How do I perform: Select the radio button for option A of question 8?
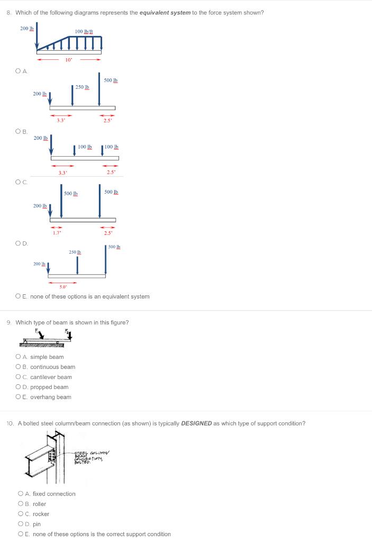point(19,70)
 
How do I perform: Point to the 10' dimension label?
point(69,60)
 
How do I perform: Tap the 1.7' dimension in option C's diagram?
point(57,232)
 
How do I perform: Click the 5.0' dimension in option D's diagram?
point(62,287)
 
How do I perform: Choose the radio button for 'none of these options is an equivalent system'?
point(19,296)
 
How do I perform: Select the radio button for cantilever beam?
point(19,377)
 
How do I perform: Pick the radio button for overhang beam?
point(19,397)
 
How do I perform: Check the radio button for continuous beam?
point(19,367)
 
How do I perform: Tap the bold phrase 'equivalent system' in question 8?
point(161,13)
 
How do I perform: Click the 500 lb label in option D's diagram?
point(115,247)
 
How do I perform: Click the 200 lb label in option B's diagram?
point(41,138)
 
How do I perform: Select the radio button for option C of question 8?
point(19,182)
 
